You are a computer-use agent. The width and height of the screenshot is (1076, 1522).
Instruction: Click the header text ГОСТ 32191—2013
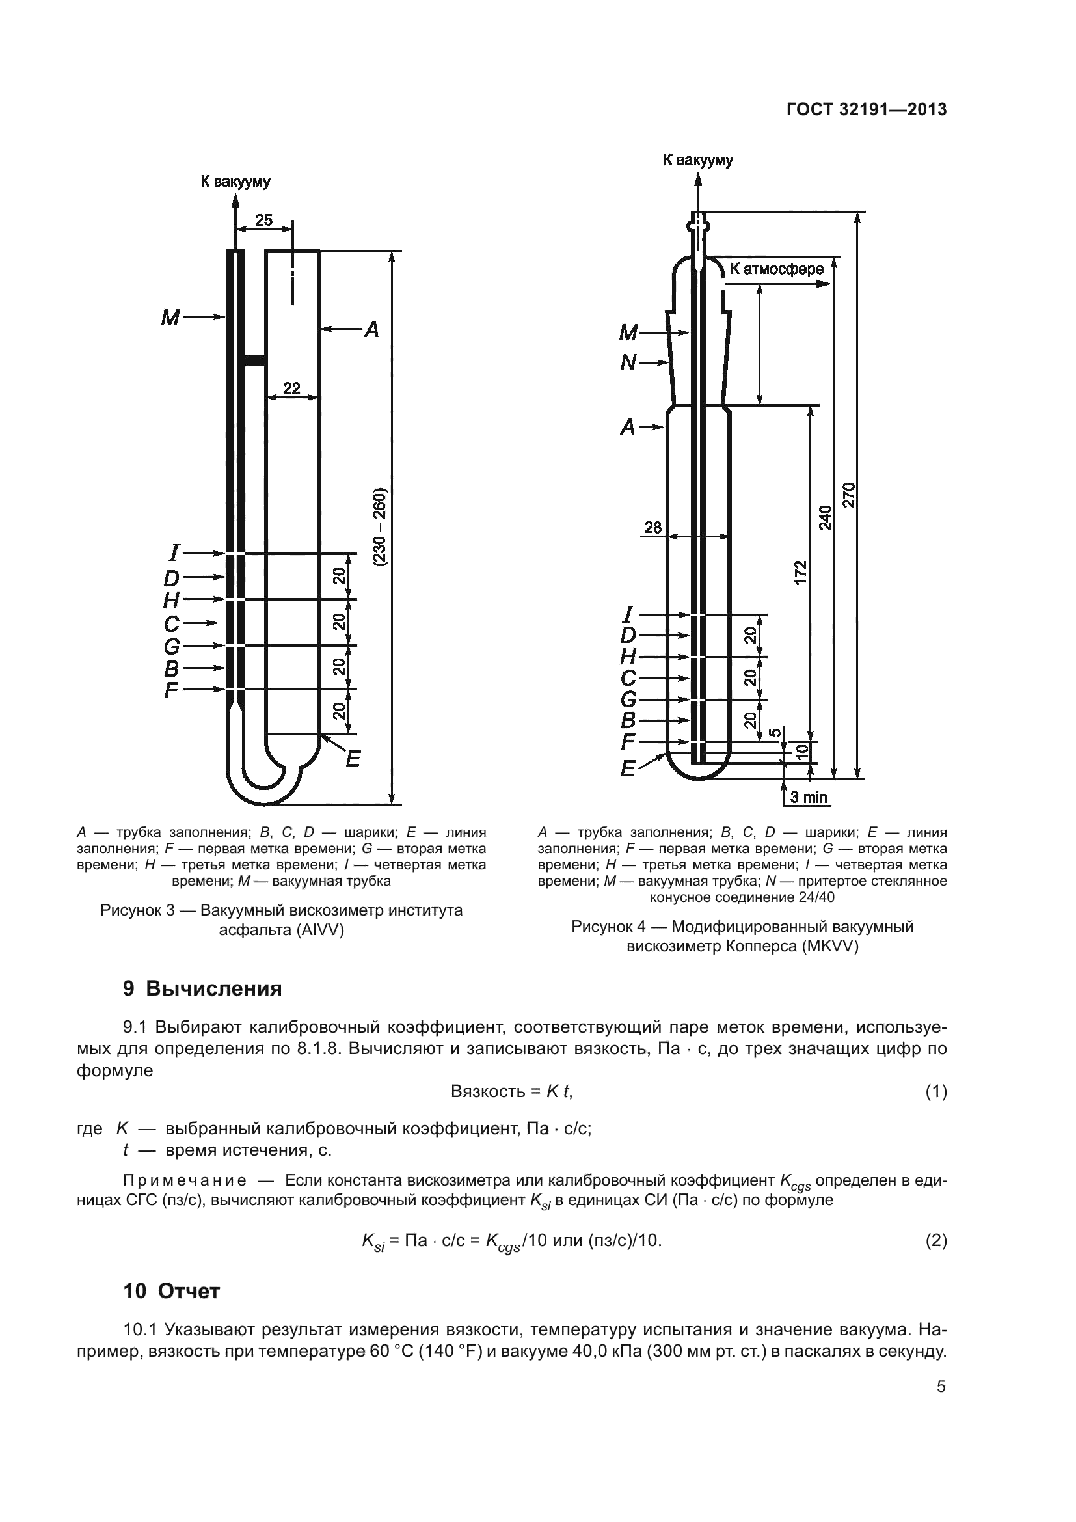pos(867,110)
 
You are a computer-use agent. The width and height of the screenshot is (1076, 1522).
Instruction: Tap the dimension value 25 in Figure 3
pos(263,220)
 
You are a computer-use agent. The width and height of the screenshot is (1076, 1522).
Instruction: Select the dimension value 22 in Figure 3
pos(291,388)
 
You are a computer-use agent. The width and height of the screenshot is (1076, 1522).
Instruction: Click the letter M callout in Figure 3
pos(170,318)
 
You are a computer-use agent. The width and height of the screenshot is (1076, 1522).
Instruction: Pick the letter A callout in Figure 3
pos(371,329)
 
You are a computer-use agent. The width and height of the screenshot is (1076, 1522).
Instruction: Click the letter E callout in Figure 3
pos(353,759)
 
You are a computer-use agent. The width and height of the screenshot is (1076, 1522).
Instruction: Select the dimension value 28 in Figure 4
pos(652,528)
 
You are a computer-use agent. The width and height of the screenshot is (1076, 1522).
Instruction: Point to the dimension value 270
pos(849,495)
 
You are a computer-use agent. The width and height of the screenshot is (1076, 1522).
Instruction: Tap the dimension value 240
pos(825,518)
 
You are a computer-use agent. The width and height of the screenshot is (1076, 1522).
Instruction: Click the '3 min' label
pos(809,798)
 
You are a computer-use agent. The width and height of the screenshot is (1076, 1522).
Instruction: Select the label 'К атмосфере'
pos(777,269)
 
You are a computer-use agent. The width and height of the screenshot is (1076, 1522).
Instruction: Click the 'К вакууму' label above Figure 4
pos(697,161)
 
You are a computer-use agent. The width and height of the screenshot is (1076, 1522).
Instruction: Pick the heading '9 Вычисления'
pos(202,988)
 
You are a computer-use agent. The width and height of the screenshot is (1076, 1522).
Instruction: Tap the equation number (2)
pos(935,1240)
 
